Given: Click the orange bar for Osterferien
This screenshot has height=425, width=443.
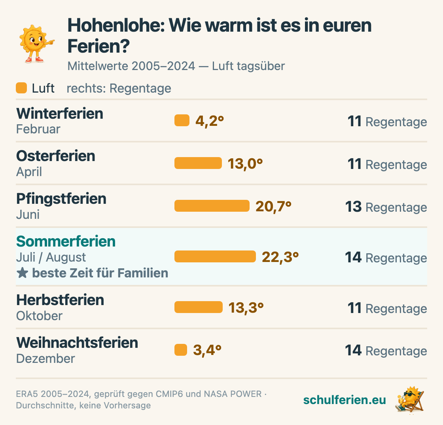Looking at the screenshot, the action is (198, 163).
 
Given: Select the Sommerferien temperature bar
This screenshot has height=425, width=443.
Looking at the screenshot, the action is (215, 256).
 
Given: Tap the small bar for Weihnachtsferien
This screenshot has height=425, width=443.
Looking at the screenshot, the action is (181, 350).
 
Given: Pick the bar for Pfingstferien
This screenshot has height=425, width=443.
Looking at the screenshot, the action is (212, 206).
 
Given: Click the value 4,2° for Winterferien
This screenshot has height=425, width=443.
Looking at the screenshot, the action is (210, 121).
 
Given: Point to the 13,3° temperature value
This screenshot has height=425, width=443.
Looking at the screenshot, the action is (246, 308).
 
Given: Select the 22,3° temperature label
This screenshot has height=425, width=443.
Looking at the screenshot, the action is (280, 257).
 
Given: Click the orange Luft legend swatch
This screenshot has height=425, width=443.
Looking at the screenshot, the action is (21, 88).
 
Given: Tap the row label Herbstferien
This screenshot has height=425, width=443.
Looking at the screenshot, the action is (60, 300).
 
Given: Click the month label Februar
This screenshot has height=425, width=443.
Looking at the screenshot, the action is (38, 129).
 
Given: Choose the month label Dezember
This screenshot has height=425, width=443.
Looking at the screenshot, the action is (45, 359).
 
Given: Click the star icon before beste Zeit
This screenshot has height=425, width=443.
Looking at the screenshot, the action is (22, 273).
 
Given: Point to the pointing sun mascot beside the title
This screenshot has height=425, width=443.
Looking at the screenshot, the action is (36, 44).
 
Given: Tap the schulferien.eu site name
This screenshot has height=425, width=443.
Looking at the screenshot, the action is (345, 400).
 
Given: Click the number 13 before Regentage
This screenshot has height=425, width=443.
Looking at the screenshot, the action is (354, 207).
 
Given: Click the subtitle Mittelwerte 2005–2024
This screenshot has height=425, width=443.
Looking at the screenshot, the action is (131, 66).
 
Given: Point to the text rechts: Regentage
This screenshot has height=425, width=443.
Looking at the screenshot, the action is (119, 89).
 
